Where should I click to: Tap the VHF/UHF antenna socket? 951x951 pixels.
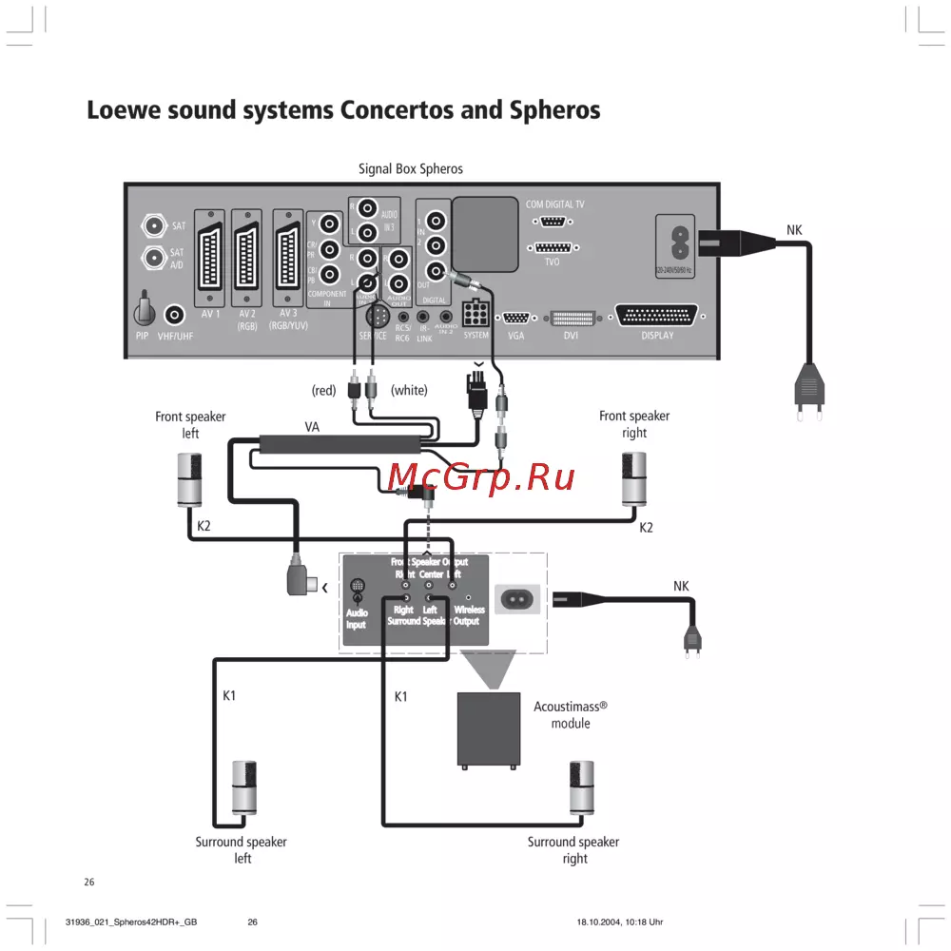(x=175, y=315)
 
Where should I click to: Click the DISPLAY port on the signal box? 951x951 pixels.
(x=657, y=316)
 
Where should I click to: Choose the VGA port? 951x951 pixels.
(x=516, y=319)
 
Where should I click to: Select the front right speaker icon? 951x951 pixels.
(x=634, y=479)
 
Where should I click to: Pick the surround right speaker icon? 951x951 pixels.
(x=582, y=787)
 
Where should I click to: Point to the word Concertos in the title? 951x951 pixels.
(x=394, y=110)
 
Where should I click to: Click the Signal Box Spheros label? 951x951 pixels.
(x=410, y=168)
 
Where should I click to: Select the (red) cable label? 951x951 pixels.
(x=325, y=390)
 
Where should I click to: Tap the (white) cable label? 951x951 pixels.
(x=409, y=390)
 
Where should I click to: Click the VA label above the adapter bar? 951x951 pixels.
(x=312, y=427)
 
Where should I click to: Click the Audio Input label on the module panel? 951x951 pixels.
(x=357, y=618)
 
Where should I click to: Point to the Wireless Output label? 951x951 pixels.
(x=467, y=615)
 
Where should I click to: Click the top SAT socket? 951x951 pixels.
(x=152, y=226)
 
